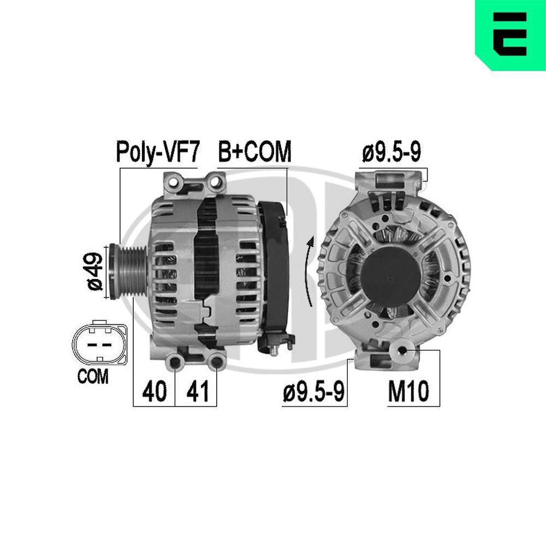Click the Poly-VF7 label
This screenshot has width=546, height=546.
pyautogui.click(x=158, y=152)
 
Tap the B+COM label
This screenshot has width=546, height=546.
pyautogui.click(x=254, y=152)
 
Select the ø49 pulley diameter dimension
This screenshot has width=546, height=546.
pyautogui.click(x=94, y=271)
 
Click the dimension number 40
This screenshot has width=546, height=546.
pyautogui.click(x=154, y=391)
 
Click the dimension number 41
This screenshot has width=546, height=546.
pyautogui.click(x=197, y=391)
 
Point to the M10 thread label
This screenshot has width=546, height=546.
pyautogui.click(x=408, y=391)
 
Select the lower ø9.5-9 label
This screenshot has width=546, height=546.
pyautogui.click(x=313, y=391)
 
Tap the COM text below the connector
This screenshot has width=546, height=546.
pyautogui.click(x=93, y=377)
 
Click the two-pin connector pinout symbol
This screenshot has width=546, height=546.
pyautogui.click(x=99, y=345)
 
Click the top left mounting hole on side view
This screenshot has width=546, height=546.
pyautogui.click(x=175, y=181)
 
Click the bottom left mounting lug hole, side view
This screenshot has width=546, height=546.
pyautogui.click(x=175, y=361)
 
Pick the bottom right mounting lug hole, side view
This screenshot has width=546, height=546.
pyautogui.click(x=217, y=361)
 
